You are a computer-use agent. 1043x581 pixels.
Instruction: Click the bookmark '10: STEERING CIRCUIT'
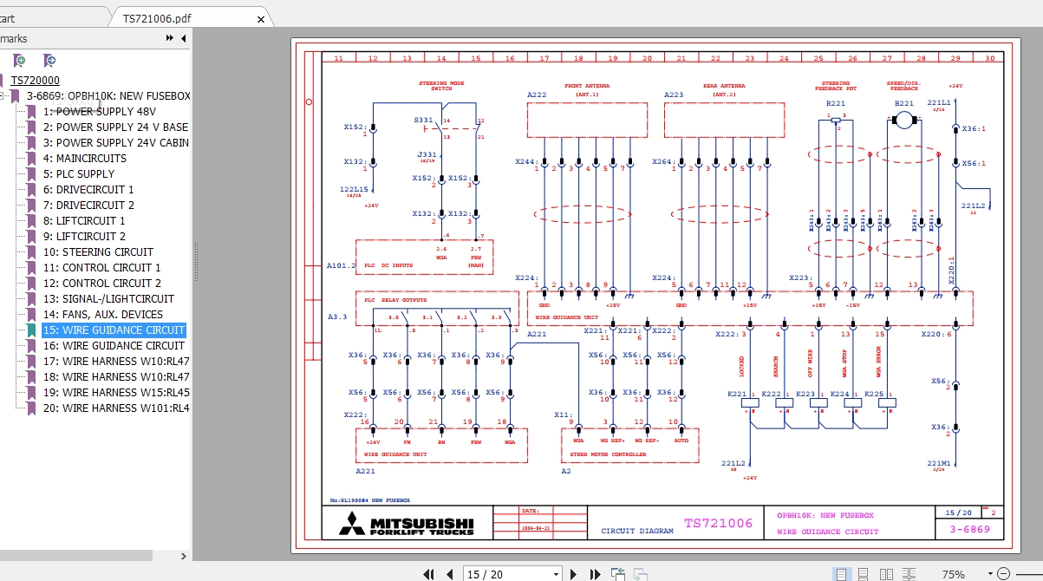[x=98, y=252]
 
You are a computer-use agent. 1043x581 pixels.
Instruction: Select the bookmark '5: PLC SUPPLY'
[x=85, y=174]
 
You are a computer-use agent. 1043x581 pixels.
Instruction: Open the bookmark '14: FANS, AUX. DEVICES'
[x=102, y=315]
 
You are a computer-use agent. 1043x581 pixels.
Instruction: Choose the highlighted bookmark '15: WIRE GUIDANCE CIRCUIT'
[x=114, y=330]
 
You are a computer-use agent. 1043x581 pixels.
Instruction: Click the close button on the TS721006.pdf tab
[x=261, y=18]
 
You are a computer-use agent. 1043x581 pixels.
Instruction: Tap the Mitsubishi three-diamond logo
[x=352, y=523]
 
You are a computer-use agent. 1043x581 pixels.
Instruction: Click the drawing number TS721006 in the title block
[x=718, y=523]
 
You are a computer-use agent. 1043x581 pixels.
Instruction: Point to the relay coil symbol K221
[x=751, y=402]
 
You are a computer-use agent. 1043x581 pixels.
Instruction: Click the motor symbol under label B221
[x=904, y=118]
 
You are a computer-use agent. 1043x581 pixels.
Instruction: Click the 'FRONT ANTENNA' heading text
[x=587, y=87]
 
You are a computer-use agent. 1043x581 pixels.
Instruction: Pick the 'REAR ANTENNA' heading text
[x=724, y=87]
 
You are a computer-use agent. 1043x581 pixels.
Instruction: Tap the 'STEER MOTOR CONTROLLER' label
[x=607, y=454]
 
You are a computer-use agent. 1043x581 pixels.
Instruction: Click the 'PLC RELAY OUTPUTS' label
[x=396, y=300]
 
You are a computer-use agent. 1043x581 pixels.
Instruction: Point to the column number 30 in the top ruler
[x=989, y=58]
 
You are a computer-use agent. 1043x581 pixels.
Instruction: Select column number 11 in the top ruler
[x=338, y=58]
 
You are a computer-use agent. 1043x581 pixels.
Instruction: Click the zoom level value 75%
[x=953, y=574]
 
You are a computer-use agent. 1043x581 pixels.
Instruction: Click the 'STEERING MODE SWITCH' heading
[x=441, y=86]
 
